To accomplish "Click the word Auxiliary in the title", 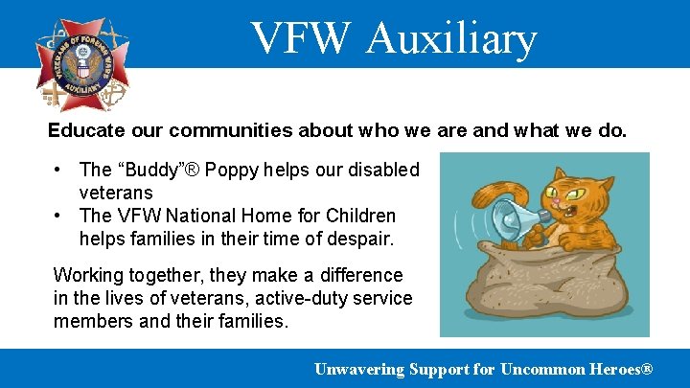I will point(450,38).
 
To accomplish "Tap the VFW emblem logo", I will point(82,63).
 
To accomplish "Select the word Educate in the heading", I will point(84,129).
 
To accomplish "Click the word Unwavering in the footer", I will point(359,369).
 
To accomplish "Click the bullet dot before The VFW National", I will point(58,216).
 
